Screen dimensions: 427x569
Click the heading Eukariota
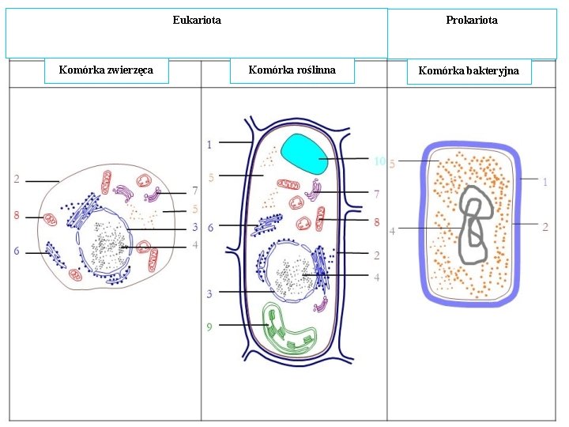(x=197, y=20)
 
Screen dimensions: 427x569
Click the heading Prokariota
(x=472, y=20)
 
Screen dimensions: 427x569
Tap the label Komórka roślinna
(x=292, y=70)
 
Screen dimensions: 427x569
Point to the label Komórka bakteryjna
(x=469, y=71)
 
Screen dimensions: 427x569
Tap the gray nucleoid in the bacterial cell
(x=474, y=225)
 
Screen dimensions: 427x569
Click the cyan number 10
(x=379, y=161)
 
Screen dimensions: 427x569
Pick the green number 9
(x=209, y=326)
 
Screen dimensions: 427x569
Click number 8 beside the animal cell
(x=17, y=215)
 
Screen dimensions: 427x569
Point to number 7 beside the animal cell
(x=194, y=191)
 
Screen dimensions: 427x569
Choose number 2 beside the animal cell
(x=17, y=179)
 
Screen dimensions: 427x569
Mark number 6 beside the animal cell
(x=17, y=251)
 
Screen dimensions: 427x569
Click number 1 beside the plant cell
(x=209, y=144)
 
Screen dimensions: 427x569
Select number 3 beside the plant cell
(x=209, y=293)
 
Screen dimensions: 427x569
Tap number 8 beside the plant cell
(x=376, y=222)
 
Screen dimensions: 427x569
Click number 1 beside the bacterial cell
(x=545, y=182)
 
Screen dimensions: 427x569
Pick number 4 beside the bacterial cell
(x=392, y=231)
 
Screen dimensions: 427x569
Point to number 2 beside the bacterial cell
(x=545, y=227)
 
